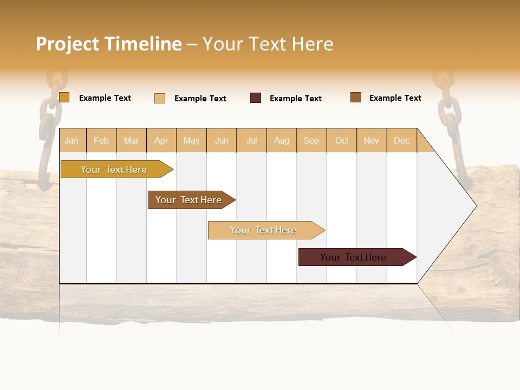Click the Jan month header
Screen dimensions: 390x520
click(71, 140)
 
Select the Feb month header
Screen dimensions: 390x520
click(101, 140)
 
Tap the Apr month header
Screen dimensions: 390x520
click(161, 140)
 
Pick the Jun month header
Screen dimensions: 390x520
click(222, 140)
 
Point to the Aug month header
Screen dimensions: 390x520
click(282, 140)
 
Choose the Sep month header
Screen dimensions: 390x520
click(311, 140)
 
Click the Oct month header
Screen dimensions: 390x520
click(342, 140)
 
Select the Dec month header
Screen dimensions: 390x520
click(402, 140)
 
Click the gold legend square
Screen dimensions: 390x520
click(64, 97)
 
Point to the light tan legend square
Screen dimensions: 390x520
click(160, 98)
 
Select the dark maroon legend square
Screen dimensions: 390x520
click(256, 98)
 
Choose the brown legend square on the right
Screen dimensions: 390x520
click(356, 97)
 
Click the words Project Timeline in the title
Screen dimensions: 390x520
click(108, 44)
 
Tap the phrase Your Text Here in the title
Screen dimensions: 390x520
click(268, 44)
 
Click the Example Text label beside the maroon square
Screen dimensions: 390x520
click(296, 99)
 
